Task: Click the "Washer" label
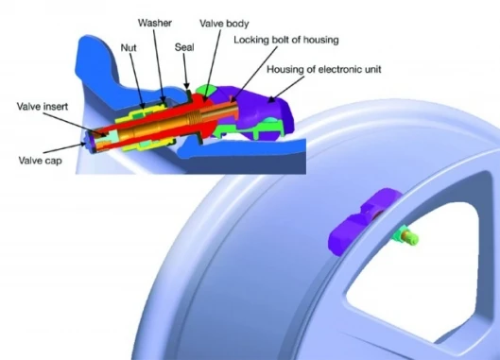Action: click(155, 23)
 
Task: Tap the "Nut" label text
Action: click(129, 48)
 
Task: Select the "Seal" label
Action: click(184, 47)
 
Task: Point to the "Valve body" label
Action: click(224, 24)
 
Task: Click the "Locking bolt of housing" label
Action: click(286, 41)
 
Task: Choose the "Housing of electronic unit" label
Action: click(324, 69)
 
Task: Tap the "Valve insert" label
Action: click(43, 106)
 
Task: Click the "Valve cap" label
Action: click(41, 161)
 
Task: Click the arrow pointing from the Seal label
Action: click(186, 71)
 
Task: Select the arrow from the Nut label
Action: click(137, 80)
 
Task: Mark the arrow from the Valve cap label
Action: click(65, 148)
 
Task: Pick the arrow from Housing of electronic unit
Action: click(285, 89)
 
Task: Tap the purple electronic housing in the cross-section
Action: click(267, 105)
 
